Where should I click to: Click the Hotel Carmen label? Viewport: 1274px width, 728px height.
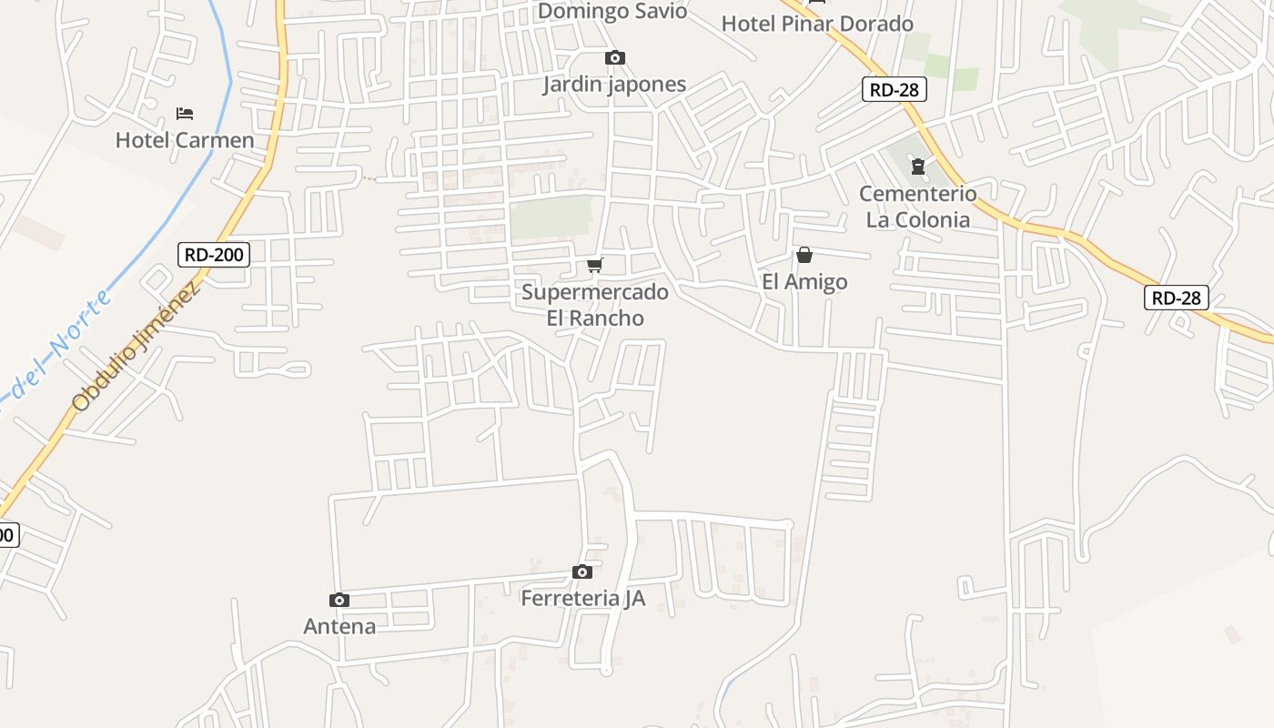click(x=185, y=140)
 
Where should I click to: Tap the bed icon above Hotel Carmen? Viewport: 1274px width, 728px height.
click(x=185, y=114)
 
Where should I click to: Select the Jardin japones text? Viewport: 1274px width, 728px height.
click(x=614, y=85)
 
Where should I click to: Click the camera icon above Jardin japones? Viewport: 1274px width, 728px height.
click(x=615, y=58)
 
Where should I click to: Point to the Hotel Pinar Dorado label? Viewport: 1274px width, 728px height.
click(x=817, y=24)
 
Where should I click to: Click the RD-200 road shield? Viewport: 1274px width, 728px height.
click(x=214, y=254)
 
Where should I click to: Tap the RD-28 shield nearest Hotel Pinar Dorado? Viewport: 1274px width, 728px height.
click(x=895, y=89)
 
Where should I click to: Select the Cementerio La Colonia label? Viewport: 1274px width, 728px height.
click(x=917, y=207)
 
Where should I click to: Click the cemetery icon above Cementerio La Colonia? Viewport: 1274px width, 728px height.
click(x=918, y=167)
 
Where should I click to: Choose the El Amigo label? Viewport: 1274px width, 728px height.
click(x=804, y=282)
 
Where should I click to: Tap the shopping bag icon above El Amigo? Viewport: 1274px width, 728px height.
click(x=804, y=255)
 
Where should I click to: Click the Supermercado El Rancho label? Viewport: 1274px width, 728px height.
click(x=595, y=305)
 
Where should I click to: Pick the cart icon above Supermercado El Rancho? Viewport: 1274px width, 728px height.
click(x=595, y=265)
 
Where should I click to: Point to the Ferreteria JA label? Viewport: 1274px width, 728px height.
click(x=582, y=599)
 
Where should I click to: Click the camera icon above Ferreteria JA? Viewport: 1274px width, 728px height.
click(x=582, y=571)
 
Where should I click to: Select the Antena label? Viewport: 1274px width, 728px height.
click(x=339, y=626)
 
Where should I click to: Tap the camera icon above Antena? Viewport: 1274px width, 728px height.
click(x=339, y=600)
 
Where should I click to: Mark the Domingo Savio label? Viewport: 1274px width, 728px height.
click(x=612, y=11)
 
